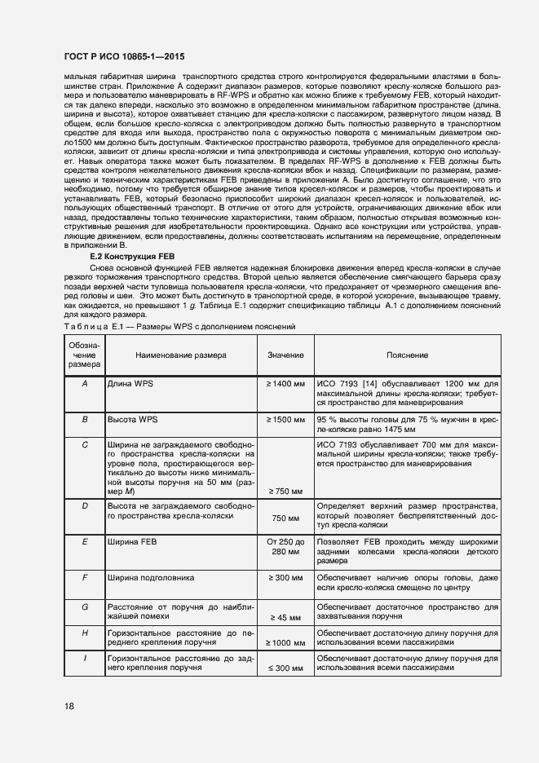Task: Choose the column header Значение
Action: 285,355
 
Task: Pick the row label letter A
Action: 85,382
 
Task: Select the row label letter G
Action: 85,606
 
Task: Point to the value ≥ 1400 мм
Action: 285,382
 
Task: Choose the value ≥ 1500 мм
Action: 285,419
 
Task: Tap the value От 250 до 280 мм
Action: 285,546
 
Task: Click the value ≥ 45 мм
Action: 285,618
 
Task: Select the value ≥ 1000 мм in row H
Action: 285,643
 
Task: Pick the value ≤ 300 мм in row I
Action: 285,668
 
